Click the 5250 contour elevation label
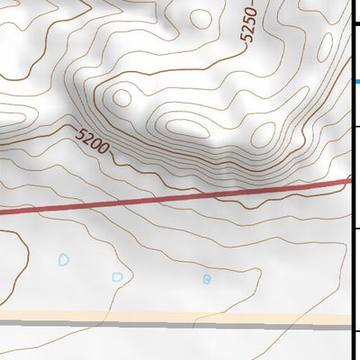[249, 23]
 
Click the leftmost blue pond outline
[64, 260]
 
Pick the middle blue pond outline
[117, 276]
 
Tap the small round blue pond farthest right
[206, 279]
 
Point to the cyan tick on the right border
[356, 82]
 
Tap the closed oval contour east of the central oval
[262, 135]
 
